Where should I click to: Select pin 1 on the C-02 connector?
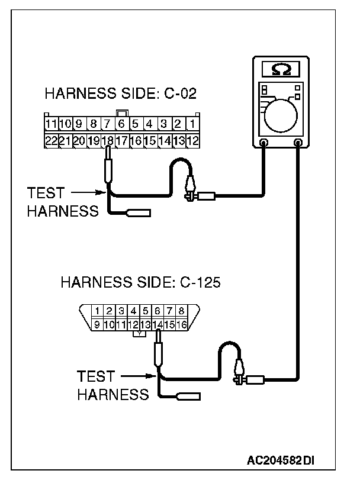pos(192,124)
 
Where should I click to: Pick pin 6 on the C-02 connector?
pos(122,124)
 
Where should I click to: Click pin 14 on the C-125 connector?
pos(157,325)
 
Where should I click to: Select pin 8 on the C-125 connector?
pos(181,311)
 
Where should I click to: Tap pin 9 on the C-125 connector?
pos(97,325)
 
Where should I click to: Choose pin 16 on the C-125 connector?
pos(181,325)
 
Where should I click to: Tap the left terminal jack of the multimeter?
pos(263,142)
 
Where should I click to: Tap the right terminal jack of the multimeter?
pos(298,142)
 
